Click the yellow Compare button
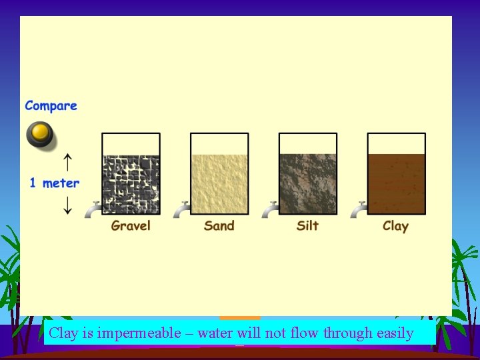coord(41,134)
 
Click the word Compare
coord(51,106)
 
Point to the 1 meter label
coord(54,183)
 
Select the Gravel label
coord(131,225)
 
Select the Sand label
coord(219,225)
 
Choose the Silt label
coord(307,225)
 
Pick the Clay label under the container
coord(395,225)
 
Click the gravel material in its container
coord(131,185)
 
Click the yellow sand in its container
coord(219,185)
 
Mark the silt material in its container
coord(307,185)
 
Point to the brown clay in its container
coord(396,185)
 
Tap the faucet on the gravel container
coord(93,209)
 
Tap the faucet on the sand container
coord(181,209)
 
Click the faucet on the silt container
coord(270,209)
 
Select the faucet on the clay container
coord(358,209)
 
